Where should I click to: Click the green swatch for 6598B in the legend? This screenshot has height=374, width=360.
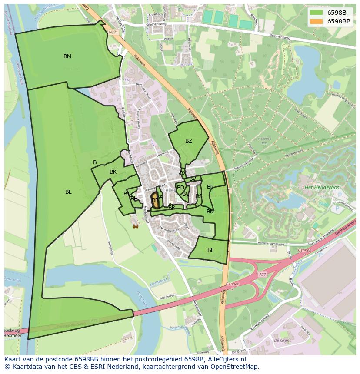pos(316,13)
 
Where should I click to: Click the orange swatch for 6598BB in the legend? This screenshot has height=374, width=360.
pos(316,21)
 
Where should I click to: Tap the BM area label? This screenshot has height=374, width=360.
pos(67,56)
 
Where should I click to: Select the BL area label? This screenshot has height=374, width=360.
pos(68,192)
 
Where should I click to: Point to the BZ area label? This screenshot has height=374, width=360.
pos(188,141)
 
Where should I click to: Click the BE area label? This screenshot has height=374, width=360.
pos(211,250)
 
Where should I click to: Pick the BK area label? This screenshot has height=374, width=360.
pos(113,172)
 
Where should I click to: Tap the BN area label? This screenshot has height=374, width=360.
pos(210,212)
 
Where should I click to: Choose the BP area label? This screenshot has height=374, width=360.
pos(210,187)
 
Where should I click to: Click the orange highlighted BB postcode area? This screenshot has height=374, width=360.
pos(154,201)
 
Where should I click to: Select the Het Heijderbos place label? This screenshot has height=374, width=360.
pos(322,187)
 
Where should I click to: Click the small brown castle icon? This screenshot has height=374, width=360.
pos(136,226)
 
